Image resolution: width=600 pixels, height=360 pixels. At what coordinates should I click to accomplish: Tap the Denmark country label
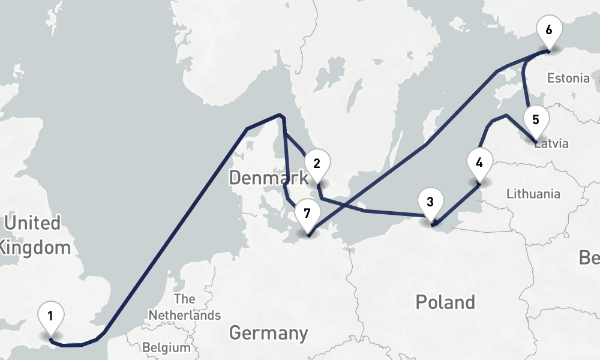268,178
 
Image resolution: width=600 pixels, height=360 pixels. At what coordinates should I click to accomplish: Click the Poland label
445,301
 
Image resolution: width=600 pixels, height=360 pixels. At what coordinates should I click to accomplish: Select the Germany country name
268,332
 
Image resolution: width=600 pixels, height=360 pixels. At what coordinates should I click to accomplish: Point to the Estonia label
568,78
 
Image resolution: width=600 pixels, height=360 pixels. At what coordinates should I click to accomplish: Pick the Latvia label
552,144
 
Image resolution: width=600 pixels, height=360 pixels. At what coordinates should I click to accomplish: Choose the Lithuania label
533,193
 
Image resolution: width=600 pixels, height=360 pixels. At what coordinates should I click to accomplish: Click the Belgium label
166,347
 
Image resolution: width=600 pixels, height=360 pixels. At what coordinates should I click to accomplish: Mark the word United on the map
32,223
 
